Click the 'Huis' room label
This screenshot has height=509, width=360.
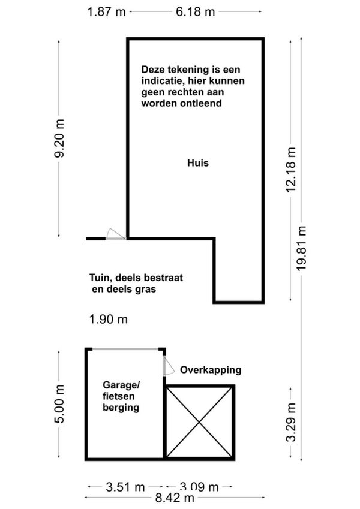point(197,162)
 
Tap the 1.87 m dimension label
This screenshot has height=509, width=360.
point(106,11)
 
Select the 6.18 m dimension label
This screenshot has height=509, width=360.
point(195,11)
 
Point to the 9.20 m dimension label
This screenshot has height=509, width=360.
point(59,138)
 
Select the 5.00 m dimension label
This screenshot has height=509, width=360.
point(59,405)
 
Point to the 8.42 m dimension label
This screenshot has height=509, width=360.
point(173,498)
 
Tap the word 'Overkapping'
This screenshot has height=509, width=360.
point(211,369)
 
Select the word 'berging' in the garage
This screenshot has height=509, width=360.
point(120,408)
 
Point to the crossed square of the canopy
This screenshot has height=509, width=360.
point(199,422)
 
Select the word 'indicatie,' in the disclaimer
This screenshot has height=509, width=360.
point(164,80)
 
